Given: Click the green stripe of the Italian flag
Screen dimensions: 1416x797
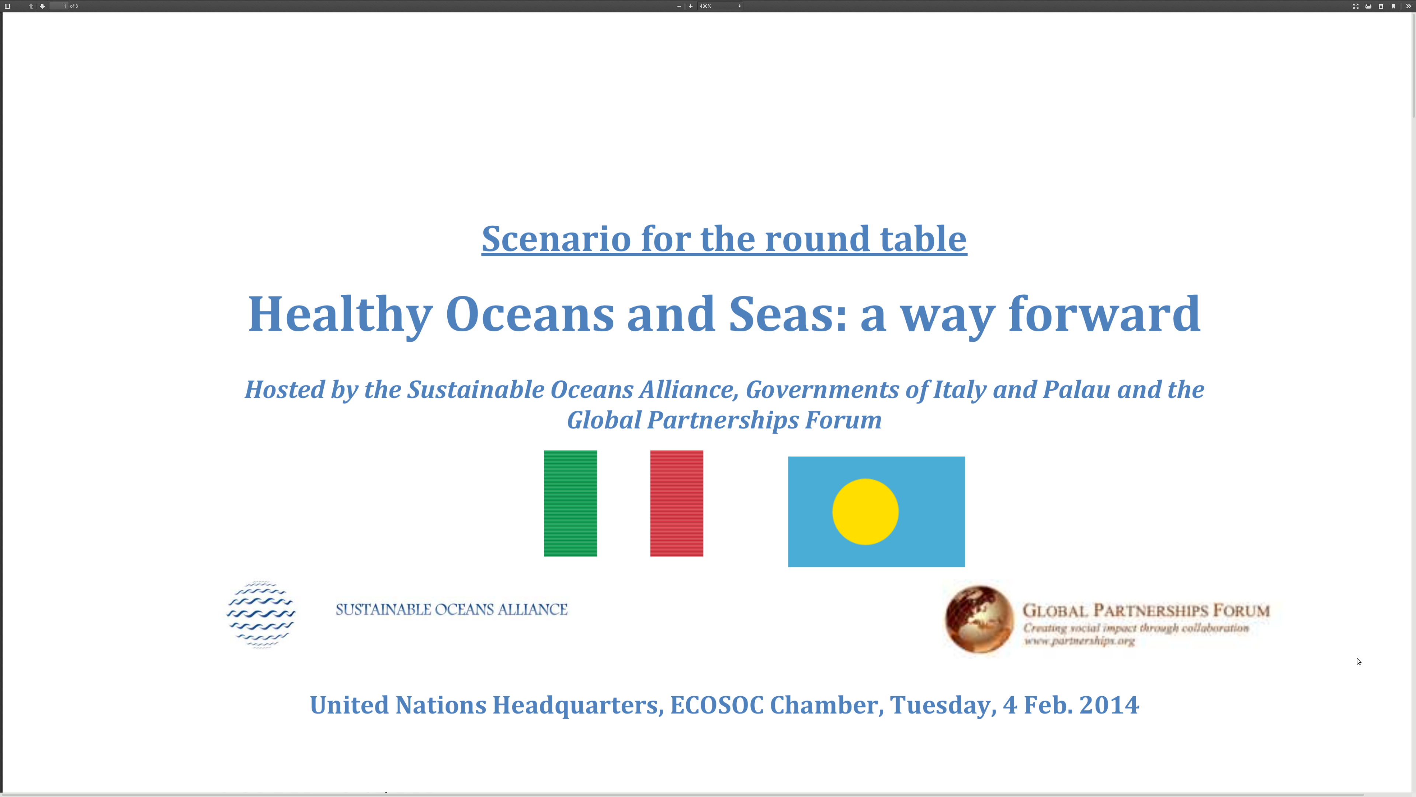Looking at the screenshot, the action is click(x=570, y=503).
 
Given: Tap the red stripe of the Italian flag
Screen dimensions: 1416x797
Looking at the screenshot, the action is click(x=677, y=503).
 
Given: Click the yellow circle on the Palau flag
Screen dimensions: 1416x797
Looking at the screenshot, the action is click(x=865, y=511).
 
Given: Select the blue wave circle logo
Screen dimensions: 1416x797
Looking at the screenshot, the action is click(x=261, y=614).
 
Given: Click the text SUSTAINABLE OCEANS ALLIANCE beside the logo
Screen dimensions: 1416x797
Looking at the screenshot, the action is click(x=451, y=610).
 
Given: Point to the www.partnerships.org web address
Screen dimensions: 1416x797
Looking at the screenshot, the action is click(x=1079, y=641).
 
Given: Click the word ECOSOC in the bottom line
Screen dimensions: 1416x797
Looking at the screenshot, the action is click(x=717, y=705).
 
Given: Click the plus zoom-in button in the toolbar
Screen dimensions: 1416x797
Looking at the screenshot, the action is click(x=690, y=6).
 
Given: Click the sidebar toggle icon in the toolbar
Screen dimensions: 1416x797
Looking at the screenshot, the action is click(x=8, y=6).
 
